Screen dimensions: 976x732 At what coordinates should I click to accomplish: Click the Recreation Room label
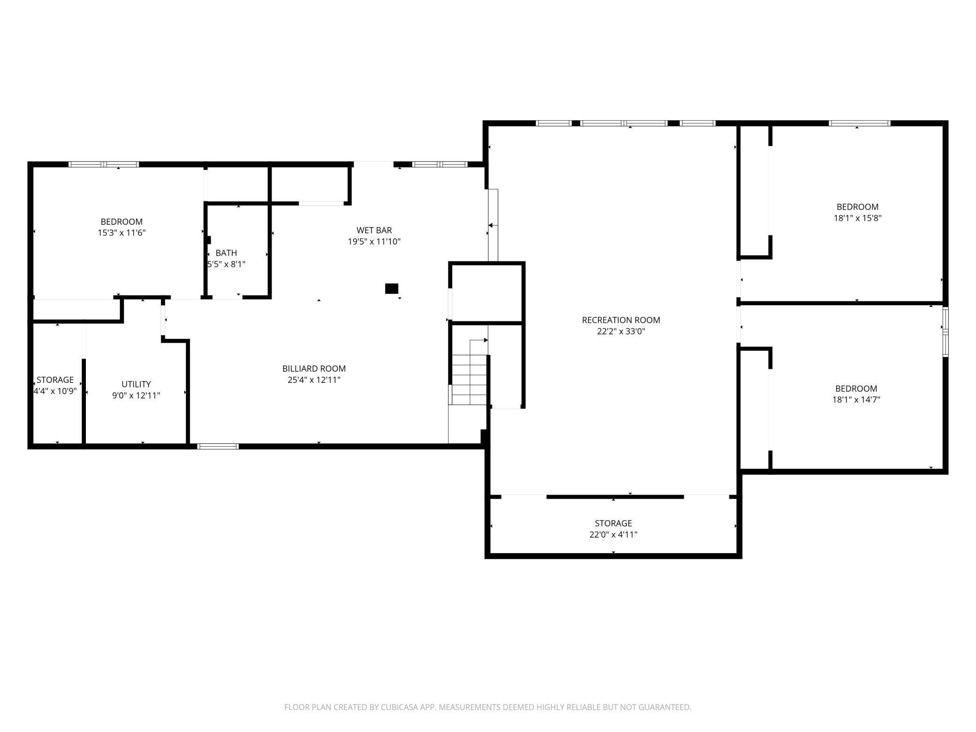(x=621, y=320)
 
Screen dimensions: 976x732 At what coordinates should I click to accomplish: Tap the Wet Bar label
(x=374, y=230)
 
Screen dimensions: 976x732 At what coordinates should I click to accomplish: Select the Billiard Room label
(x=314, y=369)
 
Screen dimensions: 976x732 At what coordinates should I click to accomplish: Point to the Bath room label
(x=226, y=253)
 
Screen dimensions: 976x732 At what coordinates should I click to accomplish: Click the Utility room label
(x=136, y=384)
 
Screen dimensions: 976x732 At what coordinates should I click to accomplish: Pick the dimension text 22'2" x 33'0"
(x=621, y=331)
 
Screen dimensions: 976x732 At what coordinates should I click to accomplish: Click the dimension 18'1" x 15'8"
(x=857, y=218)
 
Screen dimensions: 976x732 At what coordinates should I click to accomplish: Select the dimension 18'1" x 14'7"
(x=856, y=400)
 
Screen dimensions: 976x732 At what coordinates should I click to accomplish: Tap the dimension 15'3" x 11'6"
(x=122, y=233)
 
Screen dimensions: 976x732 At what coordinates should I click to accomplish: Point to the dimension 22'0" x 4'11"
(x=613, y=534)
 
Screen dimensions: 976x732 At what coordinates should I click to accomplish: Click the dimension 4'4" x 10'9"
(x=55, y=391)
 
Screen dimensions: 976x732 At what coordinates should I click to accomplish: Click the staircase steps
(x=469, y=380)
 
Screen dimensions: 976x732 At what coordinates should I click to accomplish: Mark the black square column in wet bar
(x=392, y=289)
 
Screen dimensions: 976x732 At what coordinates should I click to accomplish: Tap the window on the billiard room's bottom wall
(x=218, y=446)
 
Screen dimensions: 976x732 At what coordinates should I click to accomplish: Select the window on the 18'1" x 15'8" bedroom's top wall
(x=860, y=123)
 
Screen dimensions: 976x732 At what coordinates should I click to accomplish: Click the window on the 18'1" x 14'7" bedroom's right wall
(x=945, y=332)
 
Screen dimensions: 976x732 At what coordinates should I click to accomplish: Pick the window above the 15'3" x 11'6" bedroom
(x=104, y=164)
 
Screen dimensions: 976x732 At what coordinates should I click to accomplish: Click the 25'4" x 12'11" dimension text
(x=314, y=380)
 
